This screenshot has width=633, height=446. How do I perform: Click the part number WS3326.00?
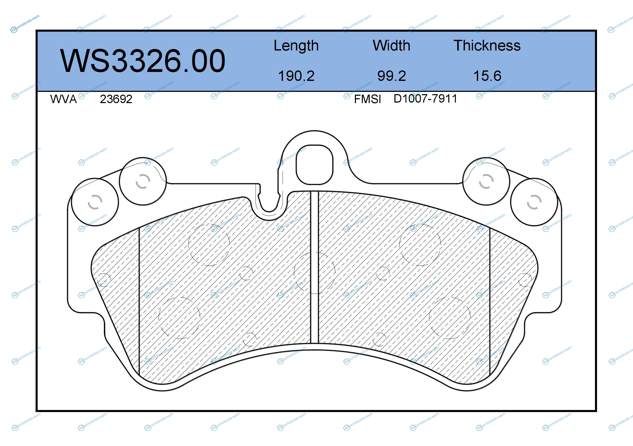coord(143,61)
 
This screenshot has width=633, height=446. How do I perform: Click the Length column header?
coord(296,46)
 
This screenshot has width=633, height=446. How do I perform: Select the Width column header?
coord(391,45)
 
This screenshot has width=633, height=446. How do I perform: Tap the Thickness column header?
coord(487,45)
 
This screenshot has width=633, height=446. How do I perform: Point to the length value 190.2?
coord(296,76)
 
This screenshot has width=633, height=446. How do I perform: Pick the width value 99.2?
coord(391,76)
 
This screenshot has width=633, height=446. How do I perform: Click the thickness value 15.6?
coord(487,76)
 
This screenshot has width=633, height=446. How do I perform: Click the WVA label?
coord(64,99)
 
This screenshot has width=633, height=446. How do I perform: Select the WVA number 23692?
coord(116,99)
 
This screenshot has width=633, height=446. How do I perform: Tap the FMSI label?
coord(367,99)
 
